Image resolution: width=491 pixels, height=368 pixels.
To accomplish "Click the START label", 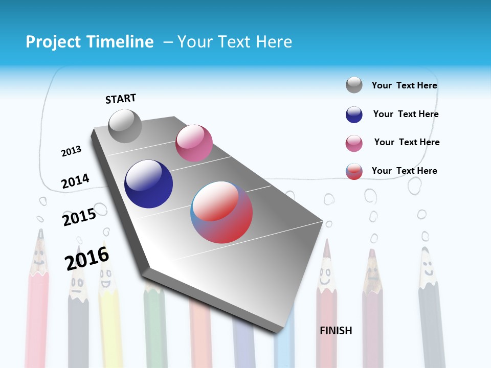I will [121, 99].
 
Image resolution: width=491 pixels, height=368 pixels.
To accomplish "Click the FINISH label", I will [336, 331].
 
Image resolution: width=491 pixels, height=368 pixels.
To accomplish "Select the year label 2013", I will [71, 151].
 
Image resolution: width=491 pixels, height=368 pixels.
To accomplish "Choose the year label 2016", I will [87, 259].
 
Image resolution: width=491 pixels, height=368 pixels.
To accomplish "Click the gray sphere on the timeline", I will [125, 126].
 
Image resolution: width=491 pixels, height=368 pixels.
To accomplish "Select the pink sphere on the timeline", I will [194, 143].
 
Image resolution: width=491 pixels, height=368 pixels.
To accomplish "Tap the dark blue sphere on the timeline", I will [148, 184].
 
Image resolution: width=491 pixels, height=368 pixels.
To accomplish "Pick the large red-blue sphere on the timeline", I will [221, 212].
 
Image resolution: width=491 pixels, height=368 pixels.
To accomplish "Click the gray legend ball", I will [354, 85].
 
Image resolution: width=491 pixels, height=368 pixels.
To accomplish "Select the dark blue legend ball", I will [354, 114].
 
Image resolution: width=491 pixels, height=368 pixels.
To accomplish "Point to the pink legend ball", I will [354, 143].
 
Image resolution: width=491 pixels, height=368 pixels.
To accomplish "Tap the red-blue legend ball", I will [354, 171].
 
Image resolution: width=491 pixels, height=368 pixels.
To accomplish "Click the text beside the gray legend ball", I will [404, 85].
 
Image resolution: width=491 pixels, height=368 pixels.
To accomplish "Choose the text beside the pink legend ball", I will [407, 142].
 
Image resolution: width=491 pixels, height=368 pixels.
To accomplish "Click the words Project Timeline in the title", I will [90, 42].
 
